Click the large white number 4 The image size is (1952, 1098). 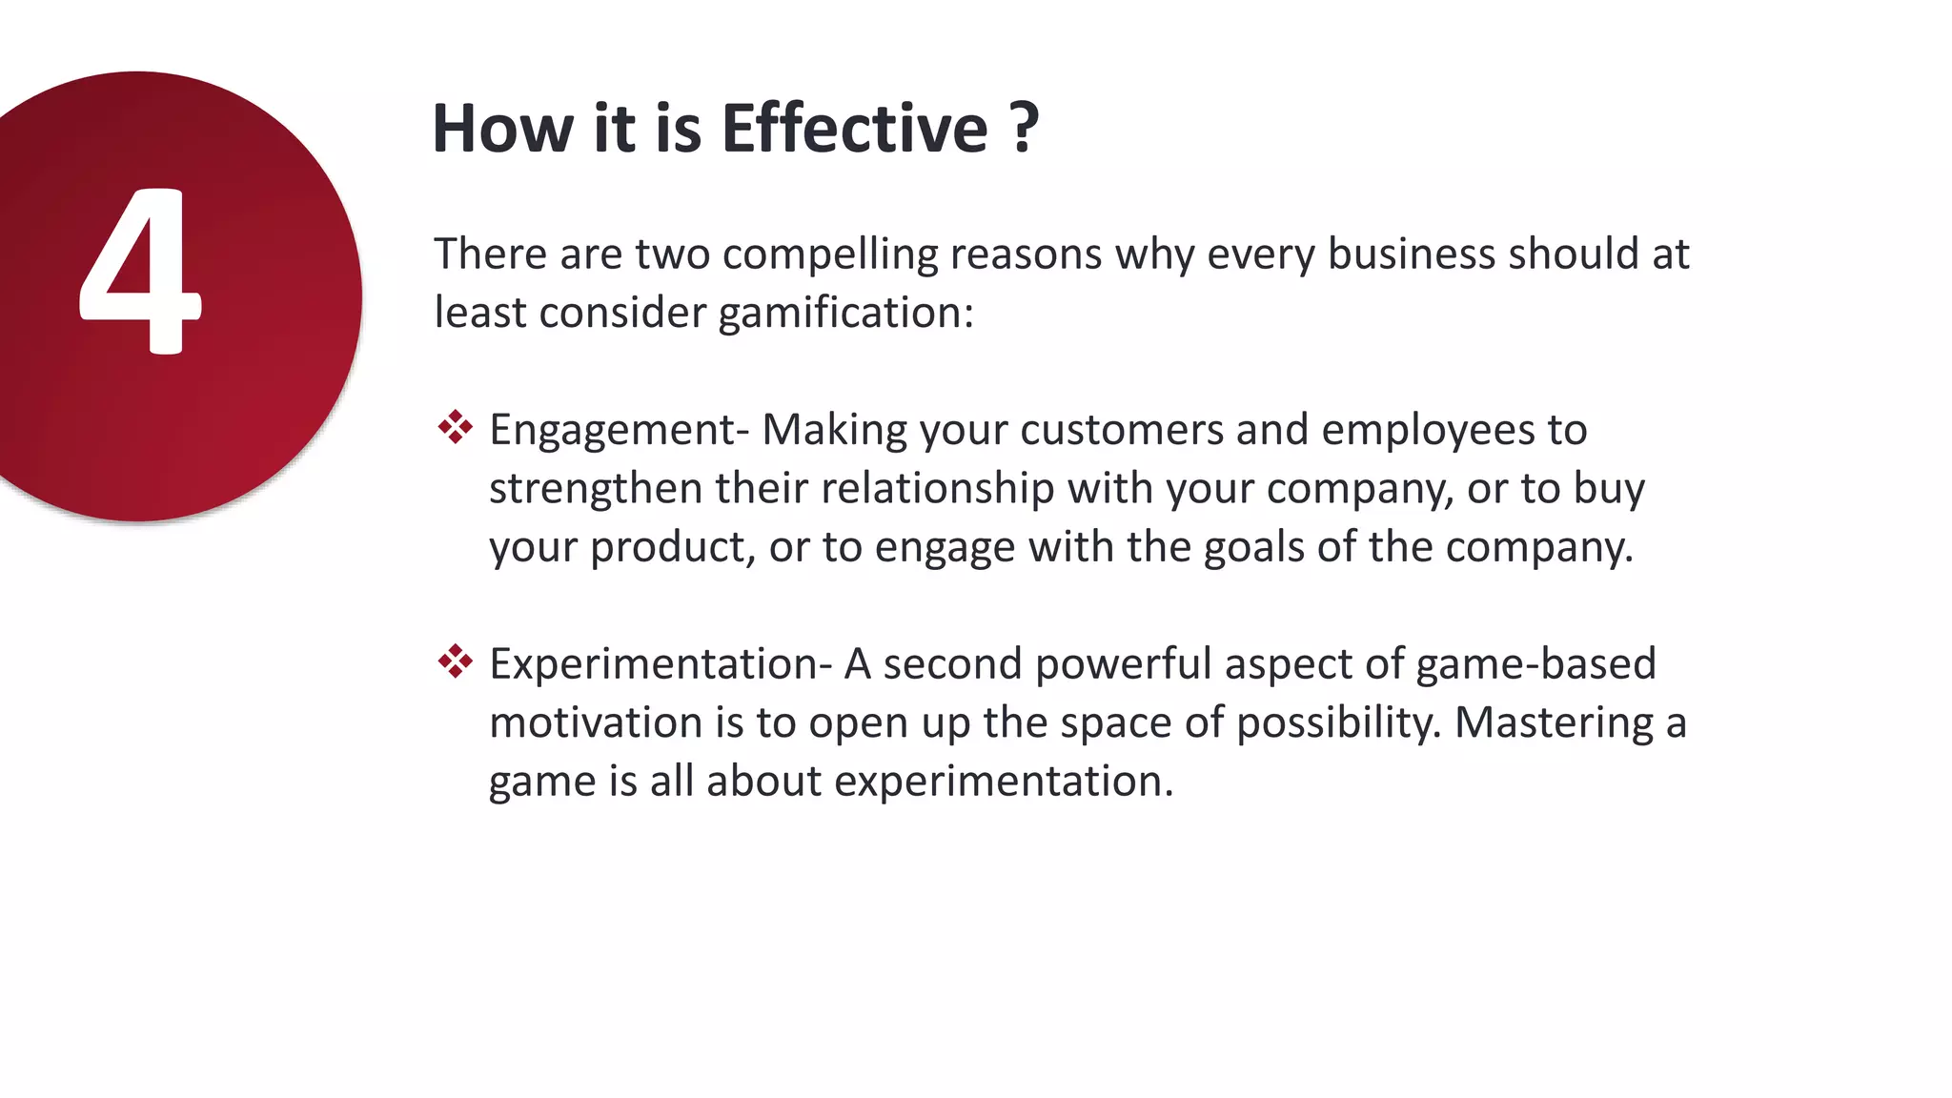139,272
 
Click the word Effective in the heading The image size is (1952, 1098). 854,129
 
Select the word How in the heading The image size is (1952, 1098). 503,129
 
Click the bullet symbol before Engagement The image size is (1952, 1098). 455,428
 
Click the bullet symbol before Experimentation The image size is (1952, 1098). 455,661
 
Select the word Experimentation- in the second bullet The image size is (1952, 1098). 661,663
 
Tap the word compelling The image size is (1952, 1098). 830,255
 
